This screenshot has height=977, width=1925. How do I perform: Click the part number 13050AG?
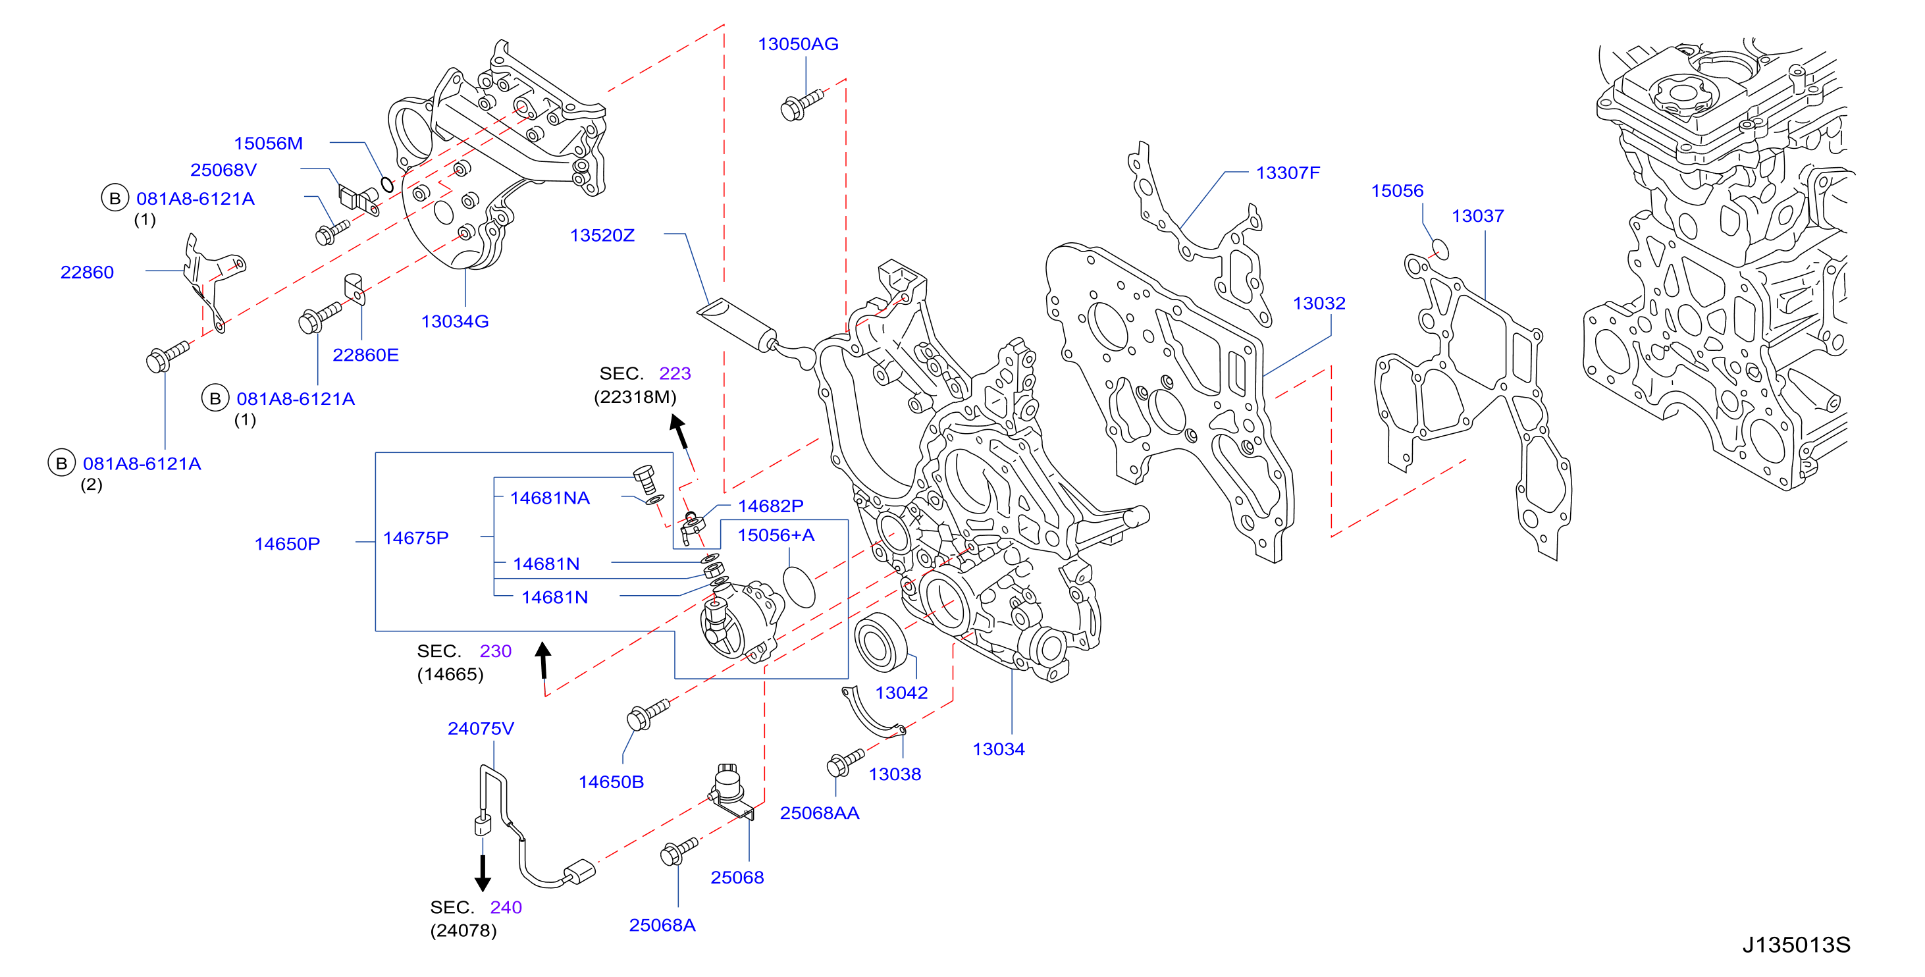[x=798, y=44]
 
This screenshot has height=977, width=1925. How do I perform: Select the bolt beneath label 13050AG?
[x=801, y=105]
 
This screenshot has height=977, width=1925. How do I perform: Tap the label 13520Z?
[x=602, y=236]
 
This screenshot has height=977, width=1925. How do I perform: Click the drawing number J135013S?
[x=1797, y=945]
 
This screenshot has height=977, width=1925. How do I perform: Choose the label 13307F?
[x=1288, y=172]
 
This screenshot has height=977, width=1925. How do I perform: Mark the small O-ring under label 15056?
[x=1439, y=249]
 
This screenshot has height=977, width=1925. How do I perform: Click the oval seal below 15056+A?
[x=799, y=587]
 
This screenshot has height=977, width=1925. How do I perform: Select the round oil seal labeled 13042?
[x=881, y=642]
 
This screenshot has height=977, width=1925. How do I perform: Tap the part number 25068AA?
[x=819, y=813]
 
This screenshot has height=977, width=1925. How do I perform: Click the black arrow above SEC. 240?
[x=483, y=873]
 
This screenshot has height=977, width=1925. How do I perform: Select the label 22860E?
[x=365, y=355]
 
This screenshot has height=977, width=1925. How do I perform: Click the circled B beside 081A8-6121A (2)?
[x=61, y=463]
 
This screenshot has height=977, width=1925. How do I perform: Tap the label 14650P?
[x=287, y=544]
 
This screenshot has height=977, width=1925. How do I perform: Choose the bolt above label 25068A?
[x=679, y=851]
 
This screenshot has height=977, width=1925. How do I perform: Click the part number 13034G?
[x=454, y=321]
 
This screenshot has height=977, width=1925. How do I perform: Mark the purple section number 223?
[x=675, y=374]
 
